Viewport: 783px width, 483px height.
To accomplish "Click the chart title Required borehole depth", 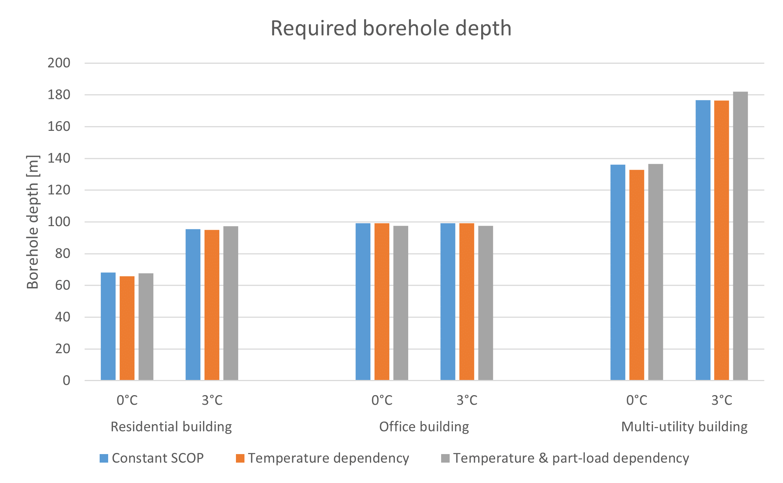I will click(391, 28).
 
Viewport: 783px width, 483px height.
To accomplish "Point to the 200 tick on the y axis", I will click(59, 63).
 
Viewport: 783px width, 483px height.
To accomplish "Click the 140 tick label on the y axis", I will click(59, 158).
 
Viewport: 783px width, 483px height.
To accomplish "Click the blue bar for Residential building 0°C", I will click(108, 326).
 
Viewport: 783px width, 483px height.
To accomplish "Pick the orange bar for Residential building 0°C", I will click(127, 328).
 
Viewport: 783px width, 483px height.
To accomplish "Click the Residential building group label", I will click(171, 427).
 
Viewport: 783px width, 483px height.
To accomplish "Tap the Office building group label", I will click(424, 427).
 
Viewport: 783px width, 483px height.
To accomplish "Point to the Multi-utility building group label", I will click(684, 427).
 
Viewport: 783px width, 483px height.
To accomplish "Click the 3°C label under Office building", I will click(467, 400).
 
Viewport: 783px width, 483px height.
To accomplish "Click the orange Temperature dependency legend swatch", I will click(240, 458).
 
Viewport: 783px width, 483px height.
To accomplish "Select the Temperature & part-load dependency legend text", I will click(571, 458).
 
